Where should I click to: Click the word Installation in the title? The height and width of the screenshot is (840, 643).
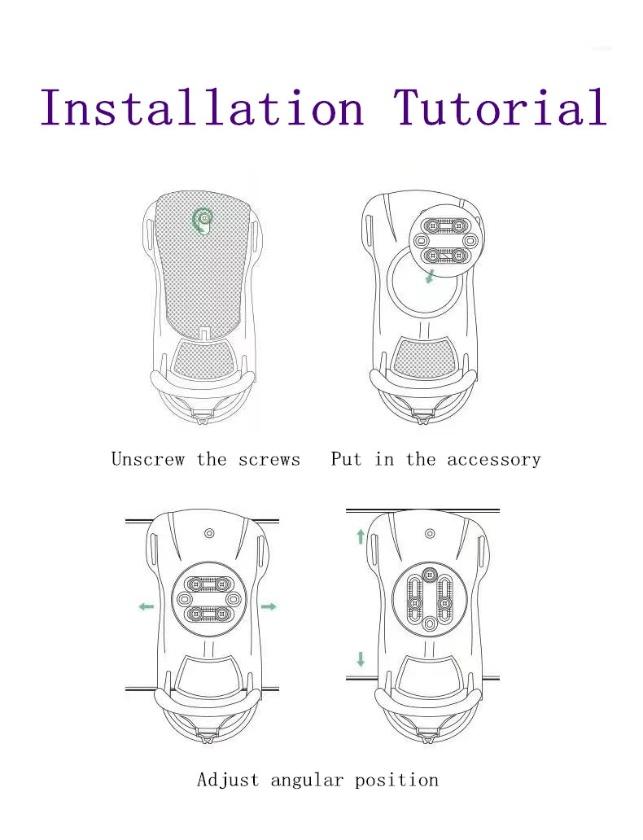(203, 107)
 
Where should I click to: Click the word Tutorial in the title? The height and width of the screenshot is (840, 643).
(501, 107)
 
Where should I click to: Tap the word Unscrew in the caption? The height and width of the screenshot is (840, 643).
(148, 459)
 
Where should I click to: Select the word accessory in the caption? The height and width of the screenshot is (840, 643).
(494, 460)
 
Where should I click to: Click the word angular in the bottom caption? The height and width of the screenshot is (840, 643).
(307, 780)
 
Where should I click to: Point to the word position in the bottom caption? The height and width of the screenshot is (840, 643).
(397, 780)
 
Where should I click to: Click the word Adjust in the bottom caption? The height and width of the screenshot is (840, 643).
(228, 780)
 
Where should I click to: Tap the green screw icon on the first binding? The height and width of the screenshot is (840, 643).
(203, 221)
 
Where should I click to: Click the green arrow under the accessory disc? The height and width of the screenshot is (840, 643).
(430, 277)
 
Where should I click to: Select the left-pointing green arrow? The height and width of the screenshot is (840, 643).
(146, 606)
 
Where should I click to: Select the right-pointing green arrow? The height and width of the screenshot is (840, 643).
(269, 606)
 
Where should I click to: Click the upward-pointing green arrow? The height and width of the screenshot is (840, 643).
(361, 536)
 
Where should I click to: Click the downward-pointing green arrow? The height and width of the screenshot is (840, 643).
(361, 659)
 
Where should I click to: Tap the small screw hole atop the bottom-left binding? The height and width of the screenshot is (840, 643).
(209, 534)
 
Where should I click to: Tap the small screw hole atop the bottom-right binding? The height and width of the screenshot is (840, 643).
(430, 534)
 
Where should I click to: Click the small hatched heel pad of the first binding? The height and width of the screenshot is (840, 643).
(202, 359)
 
